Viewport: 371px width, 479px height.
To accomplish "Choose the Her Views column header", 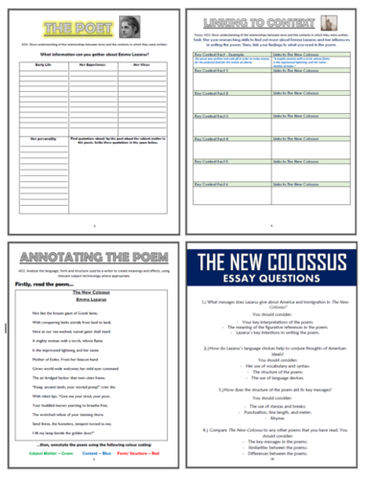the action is coord(144,70).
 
